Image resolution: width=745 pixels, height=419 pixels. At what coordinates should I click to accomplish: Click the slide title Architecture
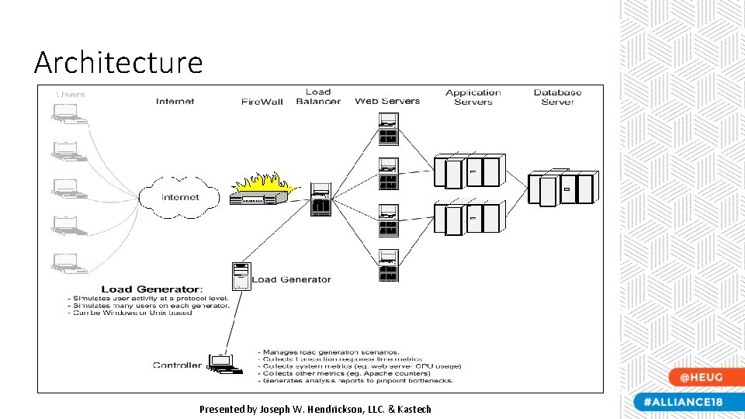point(118,62)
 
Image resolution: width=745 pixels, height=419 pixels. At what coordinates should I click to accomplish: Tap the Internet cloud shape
point(179,197)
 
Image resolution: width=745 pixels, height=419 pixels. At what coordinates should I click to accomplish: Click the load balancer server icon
point(321,200)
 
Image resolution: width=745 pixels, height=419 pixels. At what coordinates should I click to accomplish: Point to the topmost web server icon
point(388,130)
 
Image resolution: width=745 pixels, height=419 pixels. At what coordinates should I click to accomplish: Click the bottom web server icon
point(388,266)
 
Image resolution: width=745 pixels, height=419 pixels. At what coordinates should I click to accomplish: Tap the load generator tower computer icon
point(241,277)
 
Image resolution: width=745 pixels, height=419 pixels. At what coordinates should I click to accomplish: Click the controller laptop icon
point(221,364)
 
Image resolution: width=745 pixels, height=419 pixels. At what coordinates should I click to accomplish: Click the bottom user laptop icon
point(64,261)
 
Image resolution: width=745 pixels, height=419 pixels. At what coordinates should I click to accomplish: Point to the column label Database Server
point(557,97)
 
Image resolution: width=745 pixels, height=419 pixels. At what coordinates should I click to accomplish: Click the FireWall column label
point(262,102)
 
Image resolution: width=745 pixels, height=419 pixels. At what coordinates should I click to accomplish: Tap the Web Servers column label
point(387,101)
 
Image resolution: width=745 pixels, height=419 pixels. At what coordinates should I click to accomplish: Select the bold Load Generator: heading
point(152,289)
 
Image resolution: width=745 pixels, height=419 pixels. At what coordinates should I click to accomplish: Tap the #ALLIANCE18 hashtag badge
point(684,402)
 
